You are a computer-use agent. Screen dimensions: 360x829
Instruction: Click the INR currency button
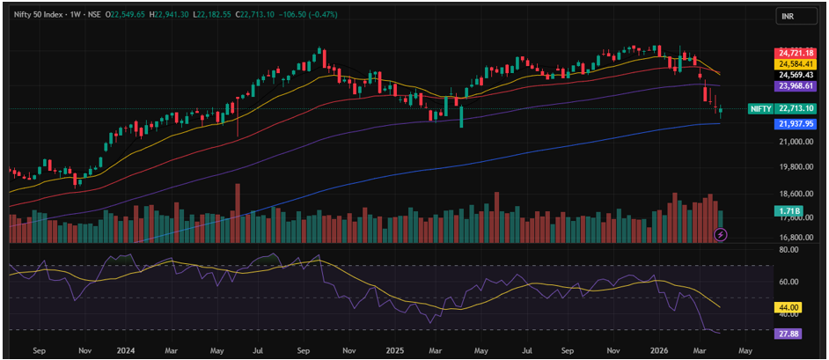(789, 17)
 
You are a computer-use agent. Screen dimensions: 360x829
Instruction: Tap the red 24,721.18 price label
(794, 54)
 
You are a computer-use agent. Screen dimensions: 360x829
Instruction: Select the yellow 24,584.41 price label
(794, 64)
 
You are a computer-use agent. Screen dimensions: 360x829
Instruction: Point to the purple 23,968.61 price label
(794, 85)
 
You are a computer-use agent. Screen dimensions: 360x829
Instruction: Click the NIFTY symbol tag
(760, 109)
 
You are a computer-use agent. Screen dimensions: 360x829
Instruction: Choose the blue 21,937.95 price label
(794, 124)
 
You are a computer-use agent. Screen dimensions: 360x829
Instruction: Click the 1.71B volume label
(789, 211)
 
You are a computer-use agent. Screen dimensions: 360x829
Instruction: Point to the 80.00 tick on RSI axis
(789, 250)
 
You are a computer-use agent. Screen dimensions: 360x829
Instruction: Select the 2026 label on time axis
(660, 349)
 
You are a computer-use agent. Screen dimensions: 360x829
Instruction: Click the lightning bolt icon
(722, 234)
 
